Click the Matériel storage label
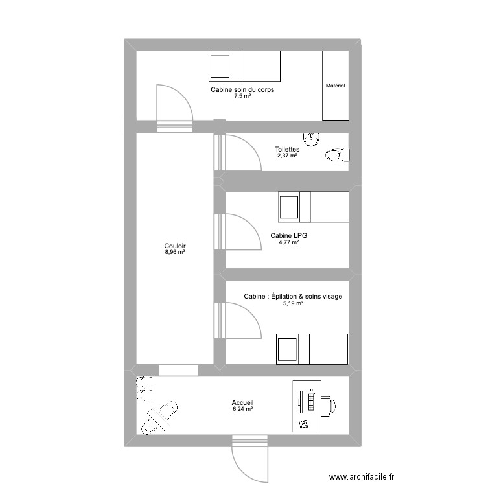pos(336,86)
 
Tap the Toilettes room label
pos(287,149)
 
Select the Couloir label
pos(175,246)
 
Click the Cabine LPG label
pos(288,236)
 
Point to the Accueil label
pos(243,402)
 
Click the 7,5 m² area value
pos(242,96)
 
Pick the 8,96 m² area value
pos(175,252)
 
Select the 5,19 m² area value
pos(293,303)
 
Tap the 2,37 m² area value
pos(287,156)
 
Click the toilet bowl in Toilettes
pos(338,155)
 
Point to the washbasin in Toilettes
pos(311,139)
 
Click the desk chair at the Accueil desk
pos(329,406)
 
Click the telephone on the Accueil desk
pos(304,424)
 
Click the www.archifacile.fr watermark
pos(362,476)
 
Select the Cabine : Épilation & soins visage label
pos(293,297)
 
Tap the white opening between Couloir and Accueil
pos(179,371)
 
